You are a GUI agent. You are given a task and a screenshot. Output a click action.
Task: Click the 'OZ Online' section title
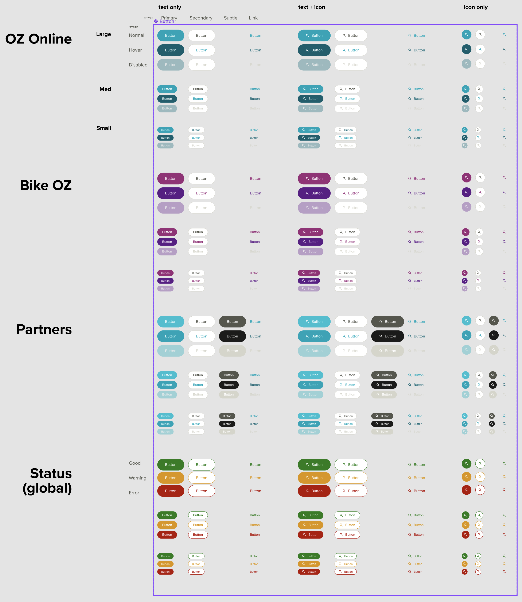point(38,39)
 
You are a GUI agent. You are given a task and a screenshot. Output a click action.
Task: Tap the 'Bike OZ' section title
point(46,185)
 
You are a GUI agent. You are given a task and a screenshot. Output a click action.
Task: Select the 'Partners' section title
point(44,329)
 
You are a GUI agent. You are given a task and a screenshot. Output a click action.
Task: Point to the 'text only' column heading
point(170,7)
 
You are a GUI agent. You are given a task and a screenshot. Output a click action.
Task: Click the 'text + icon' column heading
point(311,7)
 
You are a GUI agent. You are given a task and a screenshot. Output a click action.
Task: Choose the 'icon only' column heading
point(475,7)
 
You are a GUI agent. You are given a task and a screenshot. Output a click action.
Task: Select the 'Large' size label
point(104,34)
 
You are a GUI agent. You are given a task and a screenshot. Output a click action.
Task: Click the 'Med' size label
point(105,89)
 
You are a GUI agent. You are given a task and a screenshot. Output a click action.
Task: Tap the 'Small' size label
point(104,128)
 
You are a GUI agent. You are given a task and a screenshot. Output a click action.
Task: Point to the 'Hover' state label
point(135,50)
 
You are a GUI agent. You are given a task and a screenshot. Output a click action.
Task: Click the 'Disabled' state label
point(138,65)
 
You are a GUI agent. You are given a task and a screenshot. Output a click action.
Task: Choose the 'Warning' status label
point(137,478)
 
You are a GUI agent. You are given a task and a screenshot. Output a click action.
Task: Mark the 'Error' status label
point(134,493)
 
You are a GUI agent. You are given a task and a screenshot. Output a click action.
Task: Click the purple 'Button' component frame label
point(167,22)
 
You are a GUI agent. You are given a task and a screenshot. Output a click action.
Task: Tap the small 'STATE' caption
point(134,27)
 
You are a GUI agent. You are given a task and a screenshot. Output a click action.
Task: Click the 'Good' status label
point(135,463)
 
